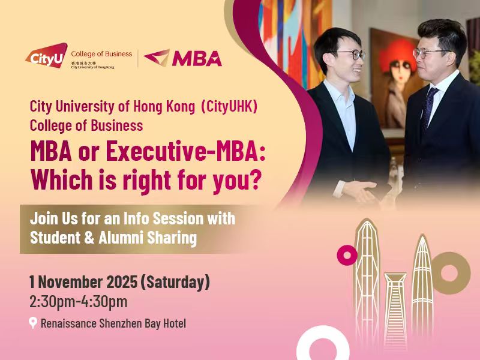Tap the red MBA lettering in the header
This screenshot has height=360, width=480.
(x=197, y=58)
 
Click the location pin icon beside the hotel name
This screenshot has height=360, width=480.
(x=33, y=323)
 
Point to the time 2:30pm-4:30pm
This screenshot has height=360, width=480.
(x=78, y=302)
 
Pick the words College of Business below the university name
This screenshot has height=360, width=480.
(x=86, y=125)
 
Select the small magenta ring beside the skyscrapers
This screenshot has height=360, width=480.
(x=347, y=255)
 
